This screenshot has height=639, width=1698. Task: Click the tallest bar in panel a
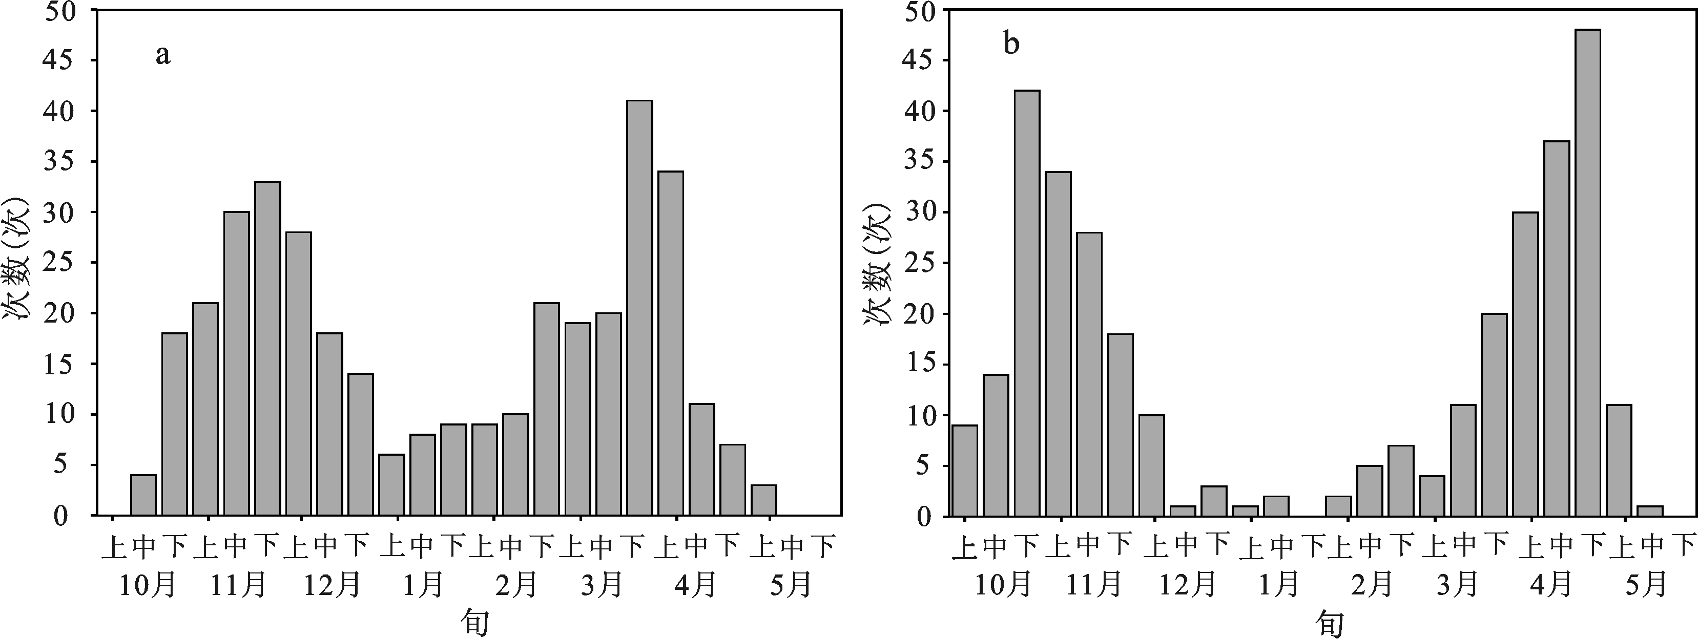(x=639, y=308)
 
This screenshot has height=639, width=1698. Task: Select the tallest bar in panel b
(x=1587, y=272)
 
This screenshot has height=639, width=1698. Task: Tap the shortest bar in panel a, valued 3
(x=763, y=500)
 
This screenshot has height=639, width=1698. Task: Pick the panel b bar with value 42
(x=1027, y=303)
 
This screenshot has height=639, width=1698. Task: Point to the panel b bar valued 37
(x=1556, y=328)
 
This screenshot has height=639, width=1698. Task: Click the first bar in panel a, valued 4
(x=143, y=495)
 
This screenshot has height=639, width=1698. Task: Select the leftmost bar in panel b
(x=965, y=471)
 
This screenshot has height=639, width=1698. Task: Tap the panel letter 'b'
(x=1011, y=45)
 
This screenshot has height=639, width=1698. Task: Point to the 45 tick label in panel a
(x=60, y=60)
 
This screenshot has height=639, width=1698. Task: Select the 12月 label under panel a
(x=332, y=584)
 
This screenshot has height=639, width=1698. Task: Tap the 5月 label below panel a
(x=789, y=584)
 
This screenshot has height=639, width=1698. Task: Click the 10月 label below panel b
(x=1003, y=584)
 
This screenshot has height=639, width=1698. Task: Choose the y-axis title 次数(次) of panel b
(x=877, y=264)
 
